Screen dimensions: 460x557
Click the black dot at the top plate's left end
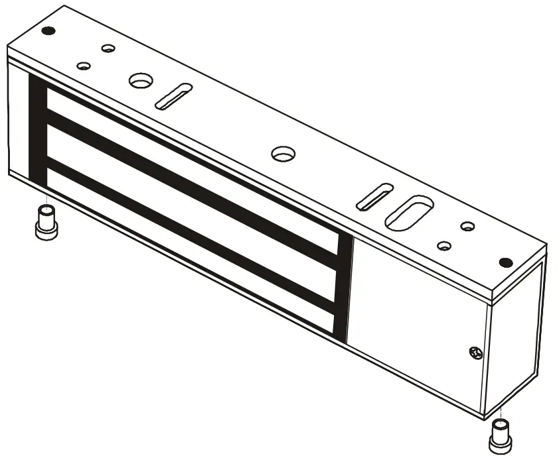[47, 30]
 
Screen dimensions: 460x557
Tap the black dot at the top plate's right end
[505, 261]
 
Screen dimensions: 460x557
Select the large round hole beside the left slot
[140, 81]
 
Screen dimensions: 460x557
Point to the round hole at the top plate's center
[283, 153]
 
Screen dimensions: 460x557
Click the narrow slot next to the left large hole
[173, 96]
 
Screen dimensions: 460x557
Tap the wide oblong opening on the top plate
[410, 212]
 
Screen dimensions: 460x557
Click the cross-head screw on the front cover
[473, 352]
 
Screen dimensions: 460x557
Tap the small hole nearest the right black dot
[467, 227]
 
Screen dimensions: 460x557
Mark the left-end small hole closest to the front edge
[84, 66]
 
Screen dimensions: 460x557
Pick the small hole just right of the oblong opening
[443, 246]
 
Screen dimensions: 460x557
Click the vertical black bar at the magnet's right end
[344, 285]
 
